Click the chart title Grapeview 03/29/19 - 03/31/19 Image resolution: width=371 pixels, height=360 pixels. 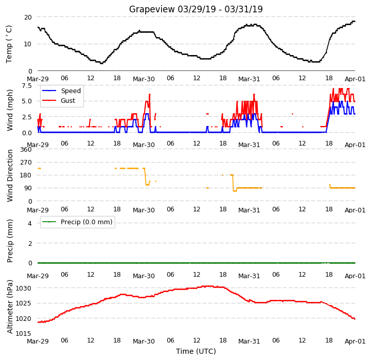196,9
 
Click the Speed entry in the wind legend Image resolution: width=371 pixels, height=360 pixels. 70,91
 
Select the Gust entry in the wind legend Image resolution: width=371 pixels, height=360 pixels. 68,100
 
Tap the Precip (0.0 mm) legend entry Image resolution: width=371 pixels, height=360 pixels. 86,222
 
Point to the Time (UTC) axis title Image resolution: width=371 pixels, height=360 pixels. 196,351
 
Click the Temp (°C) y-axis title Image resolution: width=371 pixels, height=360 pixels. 9,44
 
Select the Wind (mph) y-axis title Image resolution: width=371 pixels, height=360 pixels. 9,110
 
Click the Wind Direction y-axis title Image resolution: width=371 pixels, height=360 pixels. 9,175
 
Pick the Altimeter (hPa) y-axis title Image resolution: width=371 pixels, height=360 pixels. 9,307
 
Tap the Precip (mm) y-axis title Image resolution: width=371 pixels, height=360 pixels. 9,241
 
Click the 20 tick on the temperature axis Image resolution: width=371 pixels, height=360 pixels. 28,17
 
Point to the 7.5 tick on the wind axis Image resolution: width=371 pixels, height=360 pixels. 27,85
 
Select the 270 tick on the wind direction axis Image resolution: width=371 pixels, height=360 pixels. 26,163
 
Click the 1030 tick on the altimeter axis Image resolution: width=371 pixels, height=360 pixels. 24,289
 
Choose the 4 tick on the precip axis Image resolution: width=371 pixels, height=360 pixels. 30,223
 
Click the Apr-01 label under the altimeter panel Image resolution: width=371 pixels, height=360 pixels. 355,341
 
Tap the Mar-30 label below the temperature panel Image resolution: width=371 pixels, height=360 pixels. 144,79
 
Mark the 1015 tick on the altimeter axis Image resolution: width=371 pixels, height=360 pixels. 24,333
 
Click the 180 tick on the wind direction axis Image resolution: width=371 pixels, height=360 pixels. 26,175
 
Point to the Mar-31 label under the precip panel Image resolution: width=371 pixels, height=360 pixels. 249,276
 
